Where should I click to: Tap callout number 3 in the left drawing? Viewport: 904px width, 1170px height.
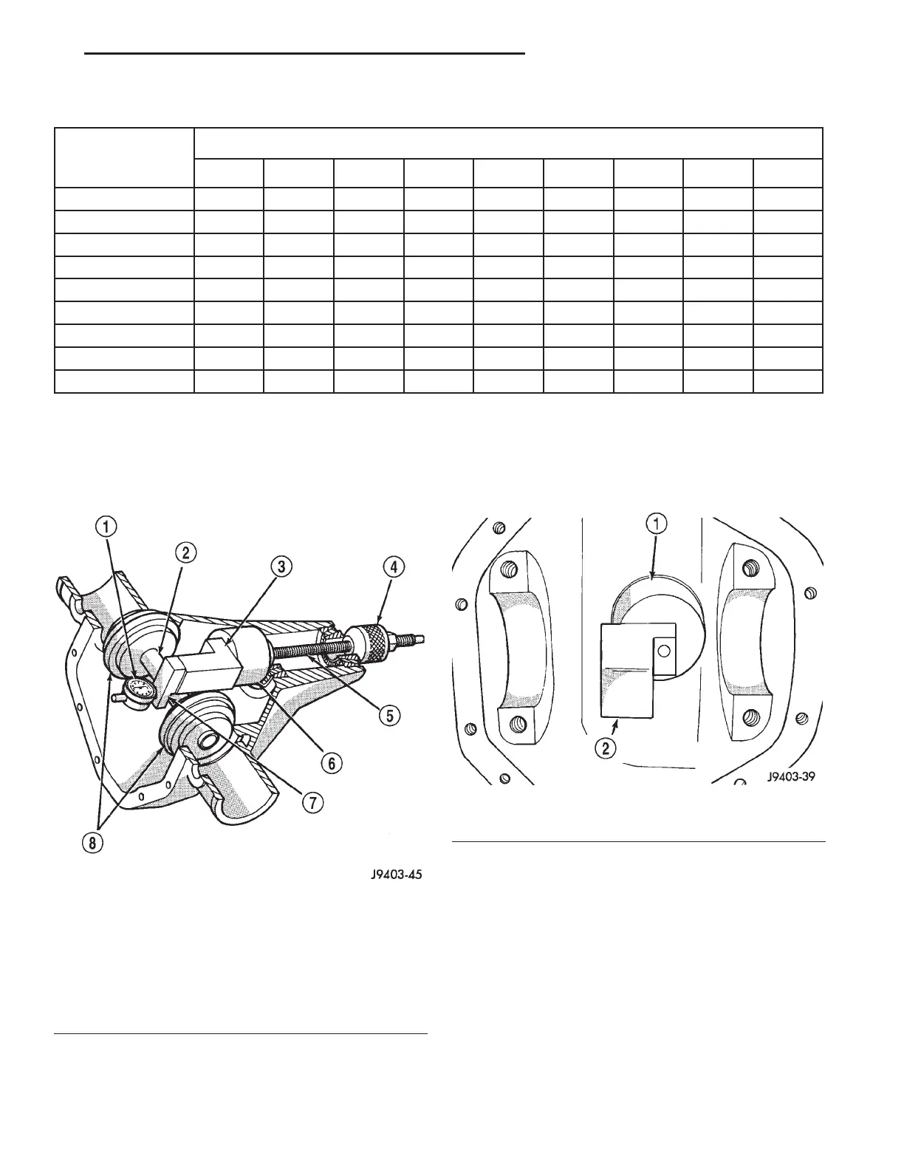[280, 567]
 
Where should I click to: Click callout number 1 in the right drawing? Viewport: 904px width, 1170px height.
[657, 524]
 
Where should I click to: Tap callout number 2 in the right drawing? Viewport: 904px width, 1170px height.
[605, 748]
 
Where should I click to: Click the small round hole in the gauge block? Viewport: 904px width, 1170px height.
[664, 651]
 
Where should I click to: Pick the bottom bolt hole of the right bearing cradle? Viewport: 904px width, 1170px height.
[750, 716]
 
